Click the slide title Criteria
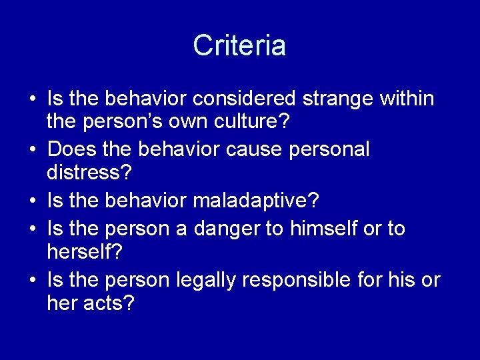pos(239,45)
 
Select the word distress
pos(90,174)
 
